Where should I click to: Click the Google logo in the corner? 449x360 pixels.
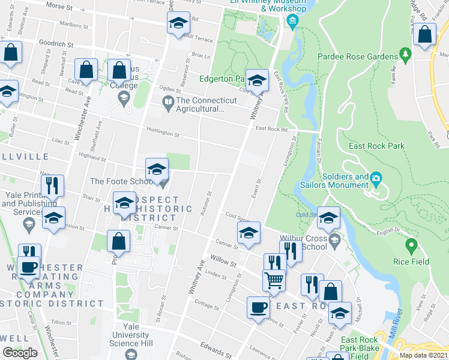point(20,353)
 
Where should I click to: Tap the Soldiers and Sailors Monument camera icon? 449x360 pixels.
point(376,178)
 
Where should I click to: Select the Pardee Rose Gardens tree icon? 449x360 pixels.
point(406,56)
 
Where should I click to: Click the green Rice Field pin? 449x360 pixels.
point(412,245)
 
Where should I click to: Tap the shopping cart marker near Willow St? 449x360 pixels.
point(274,280)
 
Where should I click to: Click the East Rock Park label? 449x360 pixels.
point(377,146)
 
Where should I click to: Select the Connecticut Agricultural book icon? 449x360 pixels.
point(167,105)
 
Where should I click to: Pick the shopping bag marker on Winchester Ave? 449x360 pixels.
point(86,70)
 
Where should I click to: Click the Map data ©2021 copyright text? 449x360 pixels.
point(424,355)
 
